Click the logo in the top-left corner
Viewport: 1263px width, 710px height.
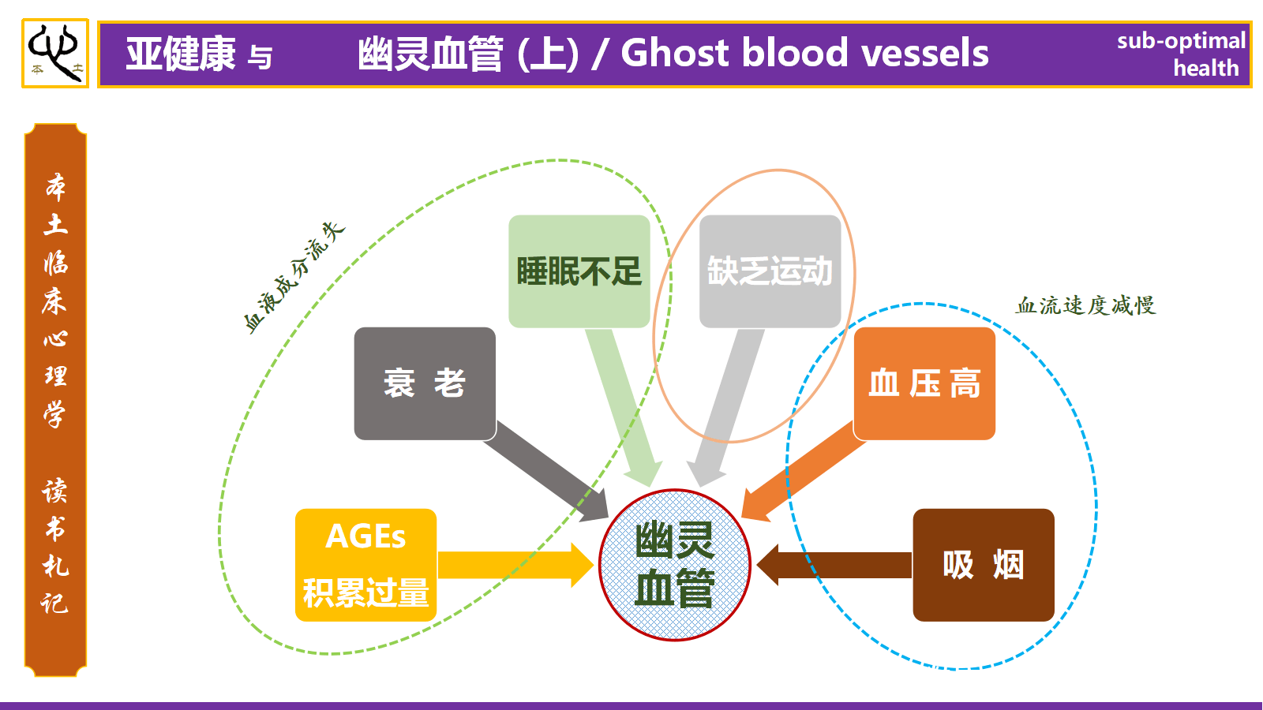[x=54, y=54]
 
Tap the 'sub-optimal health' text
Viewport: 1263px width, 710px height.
[x=1182, y=54]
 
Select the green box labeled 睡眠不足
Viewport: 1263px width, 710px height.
[x=579, y=271]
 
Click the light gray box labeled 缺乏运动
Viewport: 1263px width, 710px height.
[x=770, y=271]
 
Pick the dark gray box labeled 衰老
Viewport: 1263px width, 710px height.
[x=424, y=383]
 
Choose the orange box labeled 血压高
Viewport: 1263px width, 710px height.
[x=924, y=383]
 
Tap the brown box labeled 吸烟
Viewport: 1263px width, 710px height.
[x=983, y=565]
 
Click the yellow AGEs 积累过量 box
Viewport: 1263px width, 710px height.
[x=365, y=565]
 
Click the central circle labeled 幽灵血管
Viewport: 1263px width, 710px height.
[x=674, y=565]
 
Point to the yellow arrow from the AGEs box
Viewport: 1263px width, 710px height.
[x=513, y=565]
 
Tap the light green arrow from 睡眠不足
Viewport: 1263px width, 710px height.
[x=624, y=402]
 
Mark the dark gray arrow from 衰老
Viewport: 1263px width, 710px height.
[x=545, y=473]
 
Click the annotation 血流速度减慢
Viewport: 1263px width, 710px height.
[x=1085, y=305]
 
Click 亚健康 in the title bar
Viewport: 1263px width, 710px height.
[x=181, y=54]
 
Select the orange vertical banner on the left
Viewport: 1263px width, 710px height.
[x=55, y=400]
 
